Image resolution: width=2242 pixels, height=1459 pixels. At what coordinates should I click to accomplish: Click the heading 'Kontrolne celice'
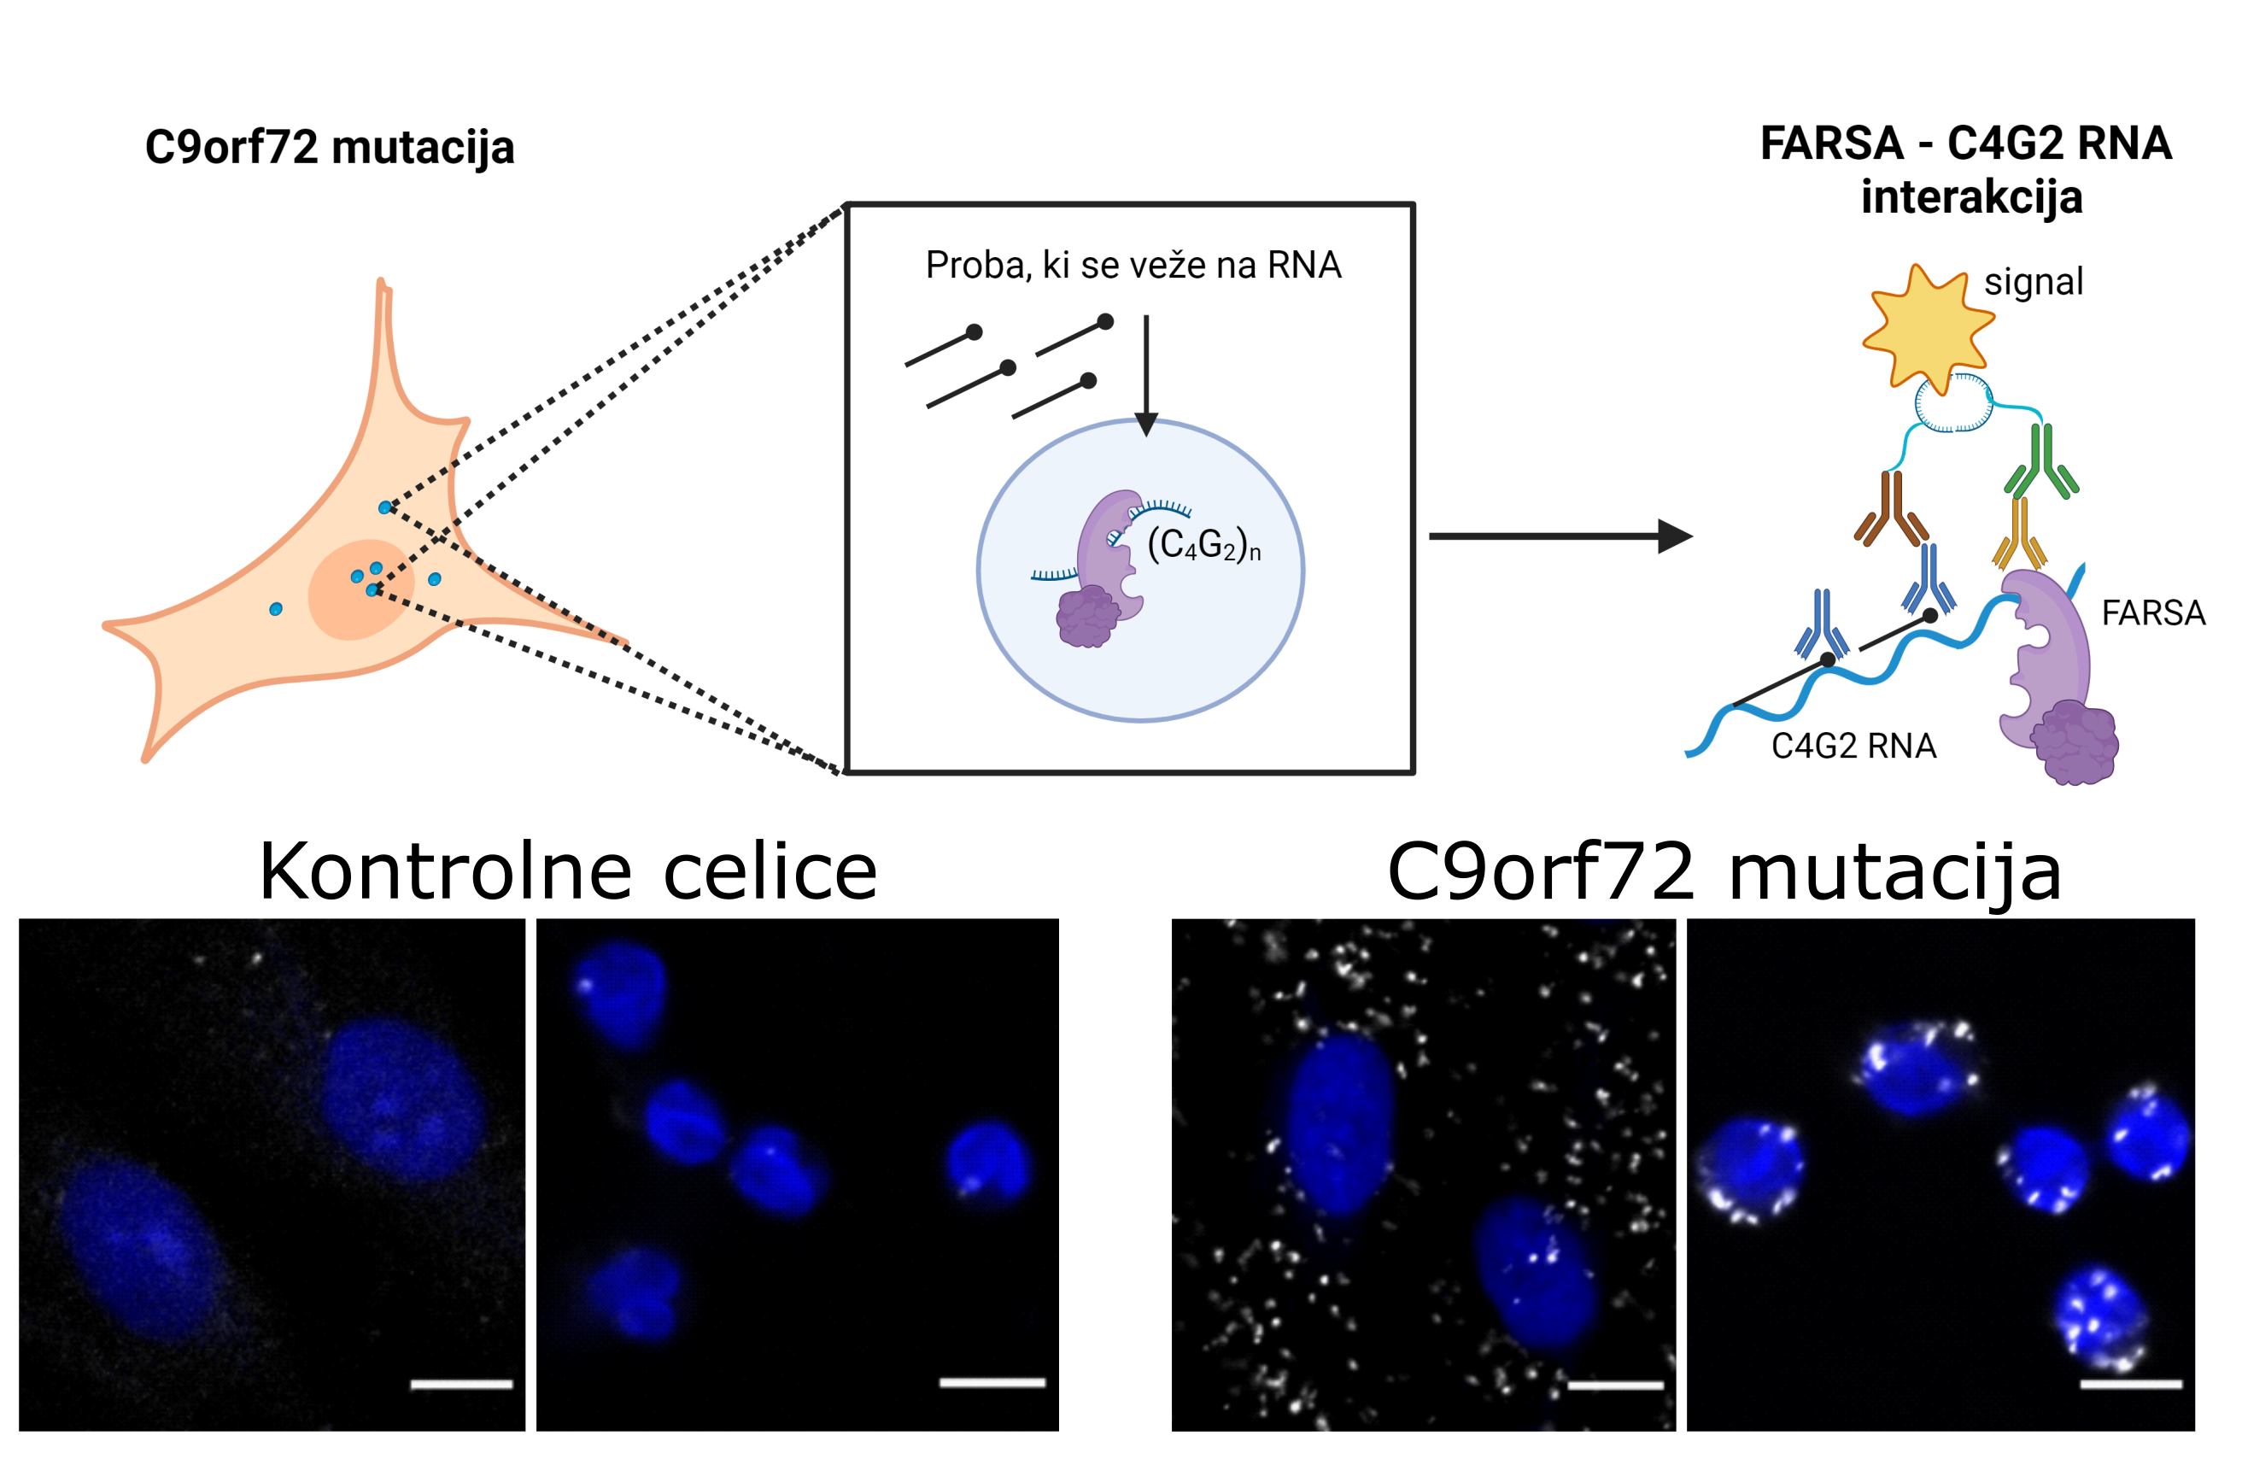pos(568,871)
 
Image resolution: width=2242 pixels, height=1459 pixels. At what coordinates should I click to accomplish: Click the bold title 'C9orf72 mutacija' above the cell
pos(330,147)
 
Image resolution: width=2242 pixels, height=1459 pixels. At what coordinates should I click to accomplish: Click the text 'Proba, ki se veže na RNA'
pos(1133,265)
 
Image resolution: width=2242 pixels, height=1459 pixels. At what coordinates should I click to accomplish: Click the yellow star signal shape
pos(1928,327)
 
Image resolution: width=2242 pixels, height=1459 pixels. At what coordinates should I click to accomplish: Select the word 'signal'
pos(2033,283)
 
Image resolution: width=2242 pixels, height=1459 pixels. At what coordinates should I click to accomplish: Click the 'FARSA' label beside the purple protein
pos(2152,613)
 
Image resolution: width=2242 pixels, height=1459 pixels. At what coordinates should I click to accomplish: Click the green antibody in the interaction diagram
pos(2040,461)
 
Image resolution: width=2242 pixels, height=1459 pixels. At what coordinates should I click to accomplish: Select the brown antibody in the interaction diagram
pos(1891,508)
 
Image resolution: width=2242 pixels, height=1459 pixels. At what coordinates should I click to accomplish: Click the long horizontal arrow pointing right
pos(1561,536)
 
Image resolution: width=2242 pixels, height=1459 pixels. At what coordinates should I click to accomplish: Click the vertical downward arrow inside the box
pos(1146,376)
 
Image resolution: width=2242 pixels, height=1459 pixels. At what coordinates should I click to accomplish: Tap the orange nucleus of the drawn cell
pos(360,589)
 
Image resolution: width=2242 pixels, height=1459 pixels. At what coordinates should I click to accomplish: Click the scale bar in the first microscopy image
pos(461,1385)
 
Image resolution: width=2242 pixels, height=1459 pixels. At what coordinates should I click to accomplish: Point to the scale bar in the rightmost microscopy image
pos(2131,1385)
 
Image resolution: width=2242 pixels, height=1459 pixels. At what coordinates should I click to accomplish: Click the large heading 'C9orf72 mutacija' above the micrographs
pos(1724,873)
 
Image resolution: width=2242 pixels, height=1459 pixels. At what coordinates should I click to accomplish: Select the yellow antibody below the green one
pos(2020,534)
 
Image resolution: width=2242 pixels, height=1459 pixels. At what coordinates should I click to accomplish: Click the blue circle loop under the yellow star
pos(1954,403)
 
